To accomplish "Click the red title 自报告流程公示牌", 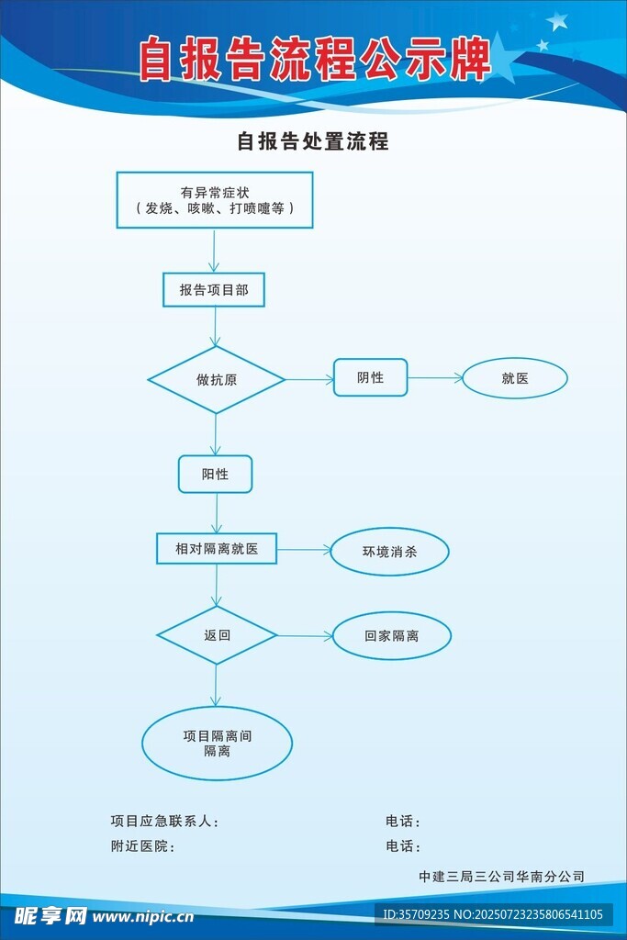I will tap(315, 61).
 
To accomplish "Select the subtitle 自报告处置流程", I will tap(313, 141).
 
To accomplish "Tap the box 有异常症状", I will tap(215, 200).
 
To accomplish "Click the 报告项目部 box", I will tap(214, 289).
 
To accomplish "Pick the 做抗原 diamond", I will tap(217, 379).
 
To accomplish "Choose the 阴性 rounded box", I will tap(370, 377).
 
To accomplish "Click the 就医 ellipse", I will tap(515, 378).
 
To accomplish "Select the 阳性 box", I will tap(215, 474).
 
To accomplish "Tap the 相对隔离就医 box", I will tap(217, 549).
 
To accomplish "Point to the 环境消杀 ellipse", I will tap(390, 553).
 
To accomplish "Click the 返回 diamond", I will tap(217, 635).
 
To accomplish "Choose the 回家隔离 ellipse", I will tap(391, 635).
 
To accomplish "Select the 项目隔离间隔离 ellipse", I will tap(217, 744).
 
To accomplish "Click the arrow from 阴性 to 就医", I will tap(434, 377).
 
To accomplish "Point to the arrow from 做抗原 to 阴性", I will tap(308, 379).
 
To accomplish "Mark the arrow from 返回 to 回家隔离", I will tap(304, 635).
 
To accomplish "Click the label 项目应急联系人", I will tap(164, 822).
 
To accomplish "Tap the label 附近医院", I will tap(142, 846).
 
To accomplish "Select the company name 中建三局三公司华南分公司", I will tap(501, 877).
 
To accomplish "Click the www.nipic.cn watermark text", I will tap(143, 915).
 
